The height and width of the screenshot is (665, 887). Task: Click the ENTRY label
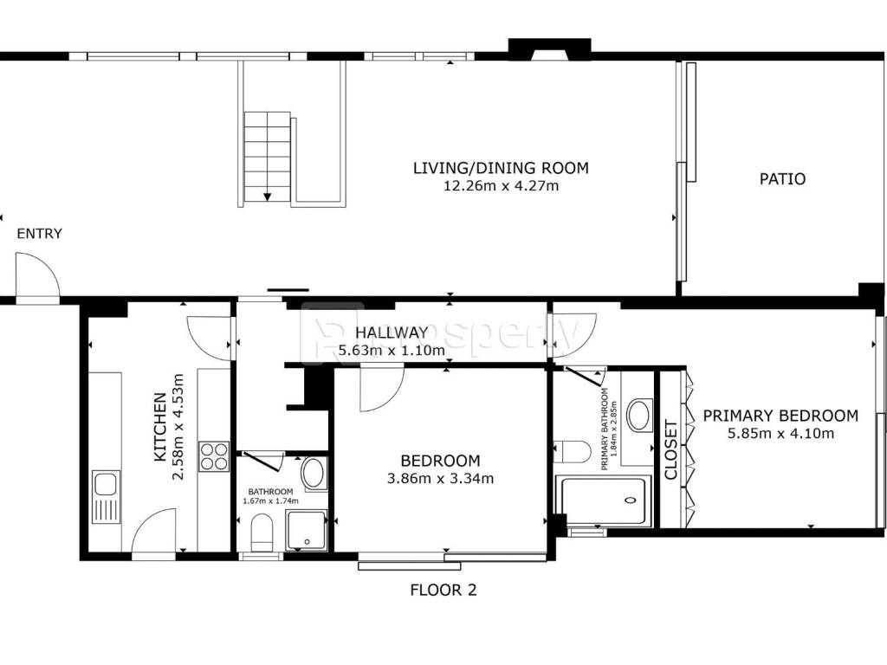coord(39,234)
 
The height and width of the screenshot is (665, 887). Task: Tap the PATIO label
coord(782,179)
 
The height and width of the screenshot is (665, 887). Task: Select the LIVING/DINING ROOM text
coord(501,168)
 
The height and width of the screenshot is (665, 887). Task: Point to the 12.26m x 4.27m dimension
coord(501,186)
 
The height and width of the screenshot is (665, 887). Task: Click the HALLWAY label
coord(392,332)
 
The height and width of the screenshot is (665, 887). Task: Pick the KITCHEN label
coord(160,427)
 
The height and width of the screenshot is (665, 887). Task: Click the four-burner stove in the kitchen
coord(214,456)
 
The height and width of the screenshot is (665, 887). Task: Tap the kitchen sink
coord(106,496)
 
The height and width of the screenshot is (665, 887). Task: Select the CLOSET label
coord(670,449)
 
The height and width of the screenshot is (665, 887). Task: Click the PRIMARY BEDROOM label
coord(780,416)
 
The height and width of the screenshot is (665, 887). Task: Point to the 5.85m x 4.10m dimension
coord(780,434)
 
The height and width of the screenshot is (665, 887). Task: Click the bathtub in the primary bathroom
coord(603,501)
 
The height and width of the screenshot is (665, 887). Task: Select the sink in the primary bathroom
coord(640,416)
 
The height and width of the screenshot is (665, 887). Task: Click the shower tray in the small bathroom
coord(307,530)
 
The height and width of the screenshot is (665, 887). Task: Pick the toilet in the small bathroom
coord(262,532)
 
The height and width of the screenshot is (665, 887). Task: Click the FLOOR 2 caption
coord(443,591)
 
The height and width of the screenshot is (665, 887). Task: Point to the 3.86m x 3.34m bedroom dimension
coord(440,479)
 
